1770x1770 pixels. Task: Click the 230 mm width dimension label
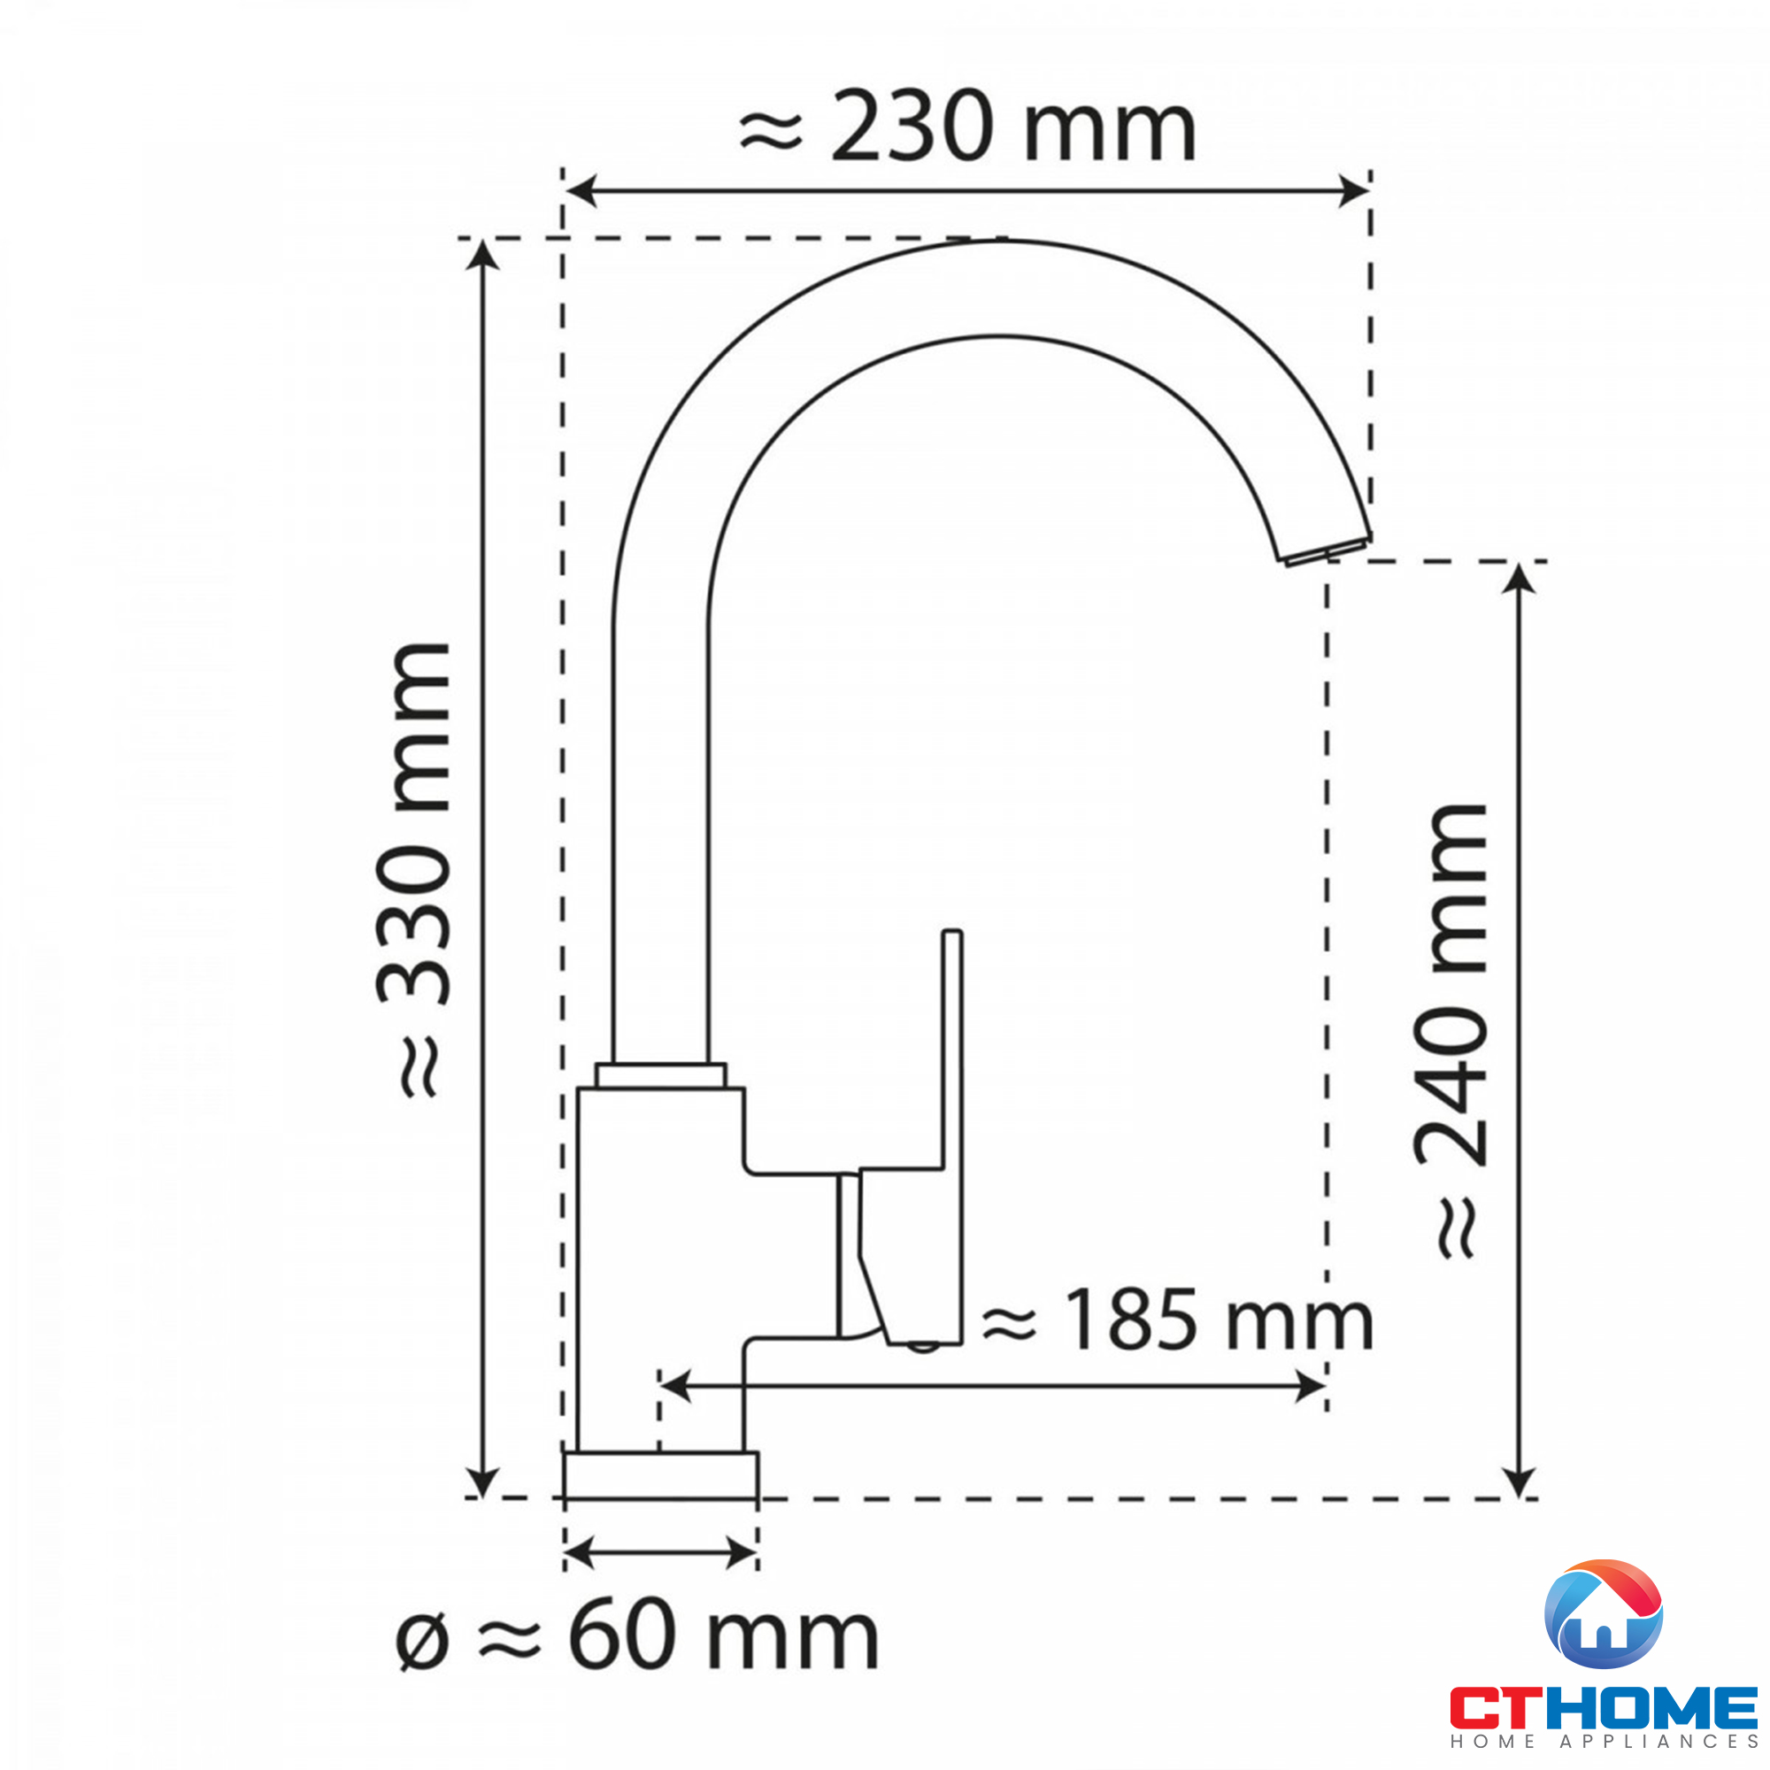pyautogui.click(x=967, y=127)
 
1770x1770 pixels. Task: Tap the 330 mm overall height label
pyautogui.click(x=414, y=869)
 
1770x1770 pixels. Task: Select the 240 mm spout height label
pyautogui.click(x=1452, y=1030)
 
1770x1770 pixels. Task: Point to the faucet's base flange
pyautogui.click(x=660, y=1476)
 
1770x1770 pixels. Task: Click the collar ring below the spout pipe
pyautogui.click(x=660, y=1075)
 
